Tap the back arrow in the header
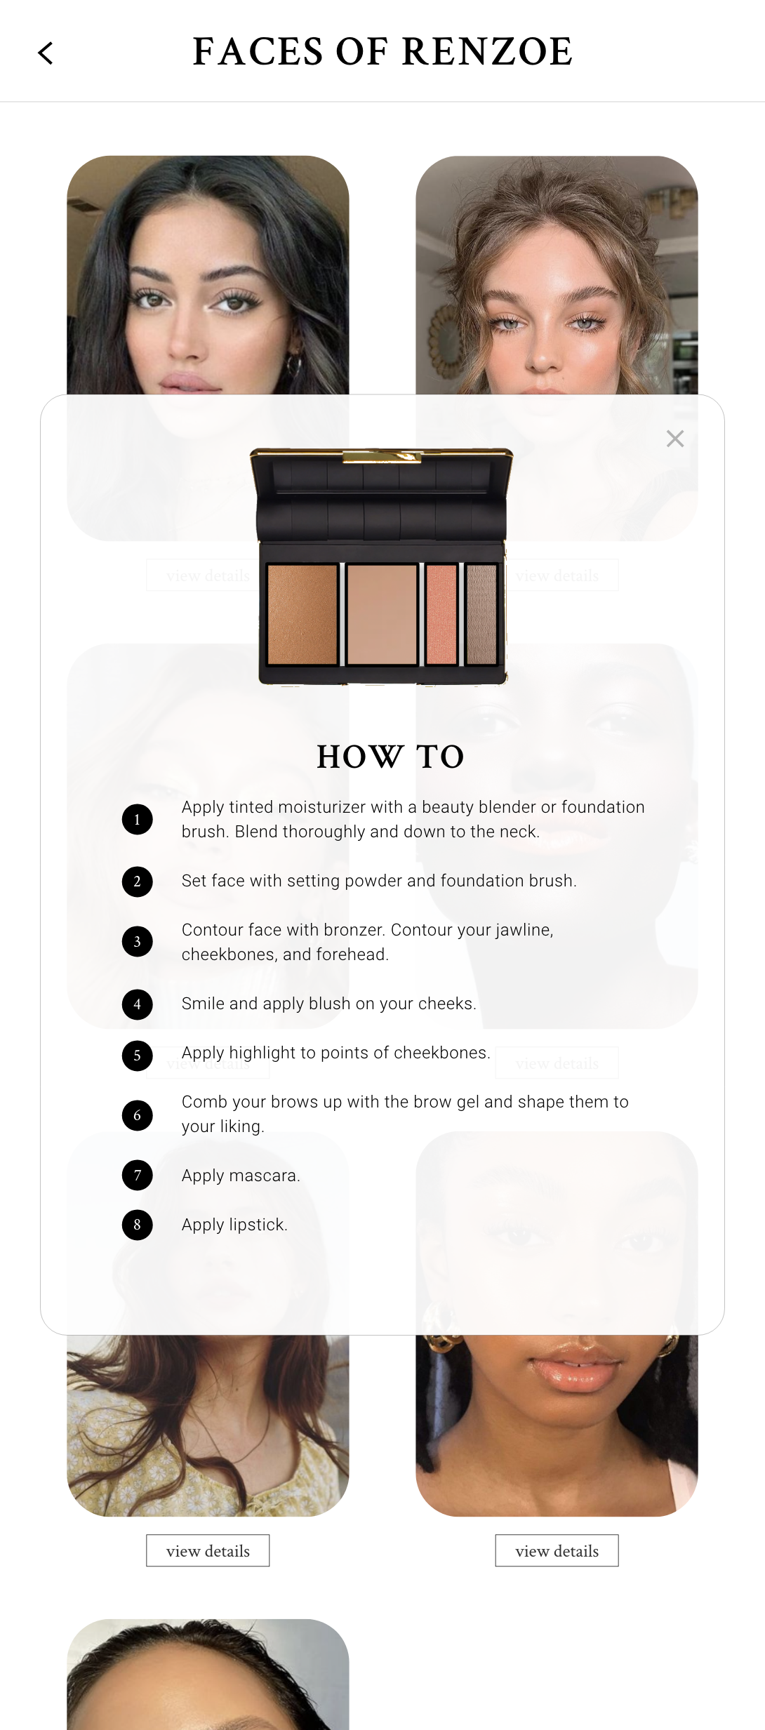(46, 53)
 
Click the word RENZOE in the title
(487, 52)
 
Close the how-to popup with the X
(675, 439)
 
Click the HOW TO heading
(390, 757)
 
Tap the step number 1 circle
(138, 819)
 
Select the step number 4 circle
(138, 1004)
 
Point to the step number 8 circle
(138, 1225)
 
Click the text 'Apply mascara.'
(241, 1176)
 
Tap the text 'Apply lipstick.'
(234, 1225)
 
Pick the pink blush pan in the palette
(441, 614)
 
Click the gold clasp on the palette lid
(382, 457)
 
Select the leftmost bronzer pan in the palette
(302, 614)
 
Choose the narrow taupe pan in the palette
(481, 614)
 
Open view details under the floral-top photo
(208, 1550)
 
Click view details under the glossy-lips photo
(557, 1550)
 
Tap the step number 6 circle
(138, 1114)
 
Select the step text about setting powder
(379, 881)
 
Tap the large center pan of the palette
(382, 614)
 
